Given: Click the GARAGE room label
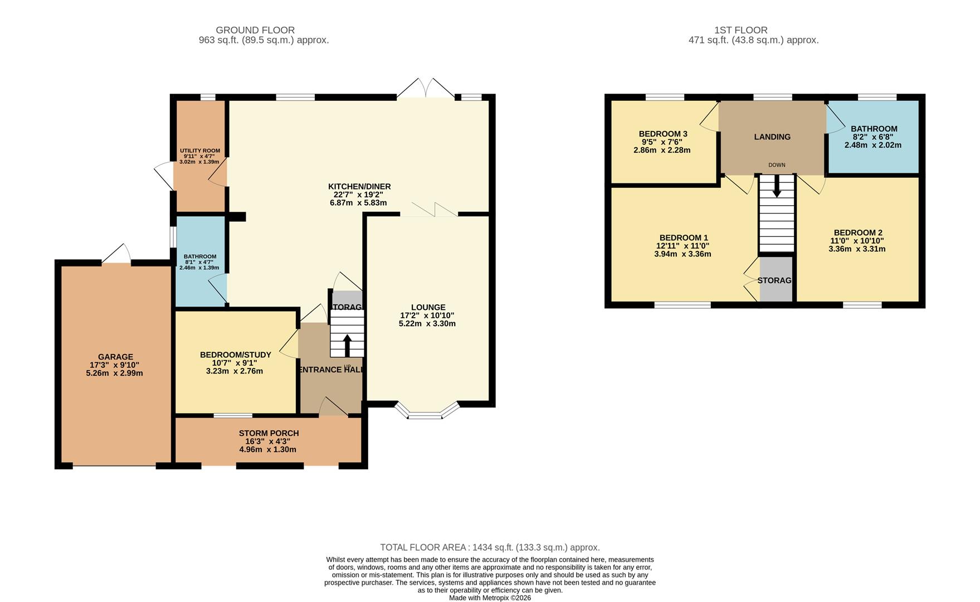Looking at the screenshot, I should (115, 357).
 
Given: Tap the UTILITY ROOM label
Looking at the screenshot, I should (199, 151).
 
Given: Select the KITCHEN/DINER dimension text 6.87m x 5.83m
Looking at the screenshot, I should (358, 203).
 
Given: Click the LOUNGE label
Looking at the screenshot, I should (428, 307).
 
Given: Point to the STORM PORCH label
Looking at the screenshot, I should (269, 433).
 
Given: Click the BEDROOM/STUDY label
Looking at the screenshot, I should (235, 355).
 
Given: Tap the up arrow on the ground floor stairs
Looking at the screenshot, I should (347, 345).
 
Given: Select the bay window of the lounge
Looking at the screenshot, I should (427, 412).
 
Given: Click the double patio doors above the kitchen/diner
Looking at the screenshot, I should (426, 89).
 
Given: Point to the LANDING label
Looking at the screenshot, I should (772, 137).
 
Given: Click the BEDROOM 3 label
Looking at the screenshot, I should (662, 134).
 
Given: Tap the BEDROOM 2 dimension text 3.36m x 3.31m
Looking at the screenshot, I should (857, 249).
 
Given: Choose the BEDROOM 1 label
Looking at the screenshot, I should (684, 237).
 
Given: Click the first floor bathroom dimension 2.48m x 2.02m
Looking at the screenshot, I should (872, 145).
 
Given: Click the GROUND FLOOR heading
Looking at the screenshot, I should (255, 30).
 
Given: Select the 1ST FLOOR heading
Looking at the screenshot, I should (740, 30).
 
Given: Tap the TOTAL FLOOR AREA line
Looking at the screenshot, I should (490, 547).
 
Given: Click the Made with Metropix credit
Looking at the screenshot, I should (490, 598).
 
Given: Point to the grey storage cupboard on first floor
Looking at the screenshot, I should (776, 280).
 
